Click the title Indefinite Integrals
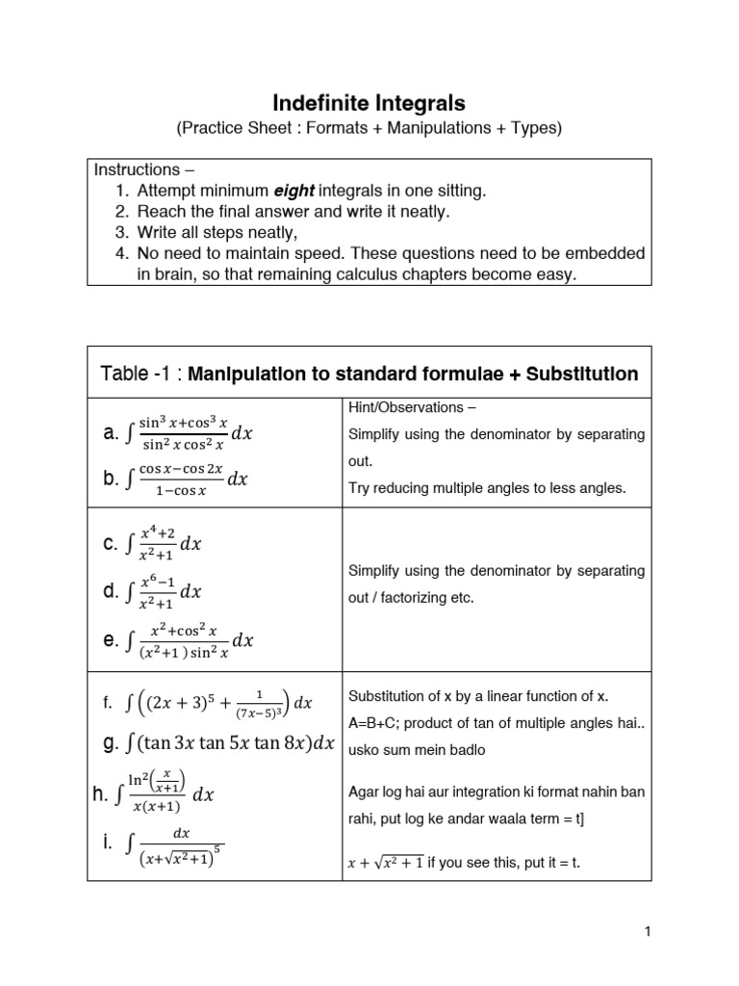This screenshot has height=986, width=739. (x=369, y=101)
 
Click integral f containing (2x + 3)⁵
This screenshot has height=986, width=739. (x=208, y=703)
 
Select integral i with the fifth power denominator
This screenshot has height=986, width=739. (x=164, y=844)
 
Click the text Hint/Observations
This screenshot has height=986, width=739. (x=403, y=408)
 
